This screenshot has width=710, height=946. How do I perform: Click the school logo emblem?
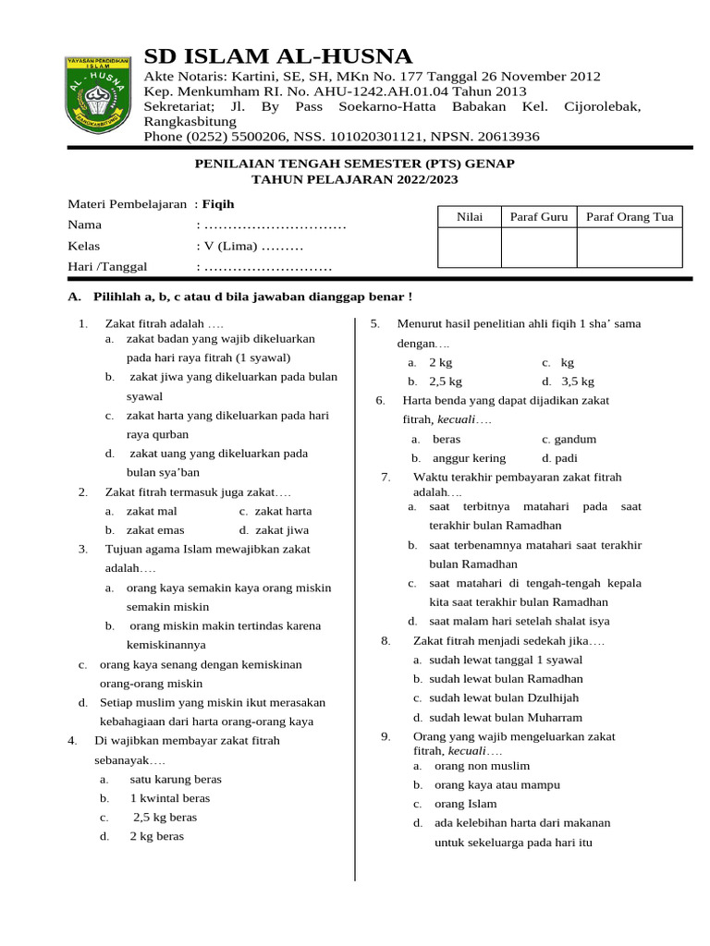click(x=96, y=95)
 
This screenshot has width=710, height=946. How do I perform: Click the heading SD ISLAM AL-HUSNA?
click(x=278, y=55)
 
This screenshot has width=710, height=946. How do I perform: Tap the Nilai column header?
click(x=470, y=217)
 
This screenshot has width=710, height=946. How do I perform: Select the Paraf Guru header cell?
click(x=539, y=217)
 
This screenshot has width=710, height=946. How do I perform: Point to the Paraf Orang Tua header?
click(x=630, y=217)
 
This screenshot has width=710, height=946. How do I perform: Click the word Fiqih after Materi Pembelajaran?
click(x=218, y=203)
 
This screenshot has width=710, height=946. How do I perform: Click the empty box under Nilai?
click(x=470, y=248)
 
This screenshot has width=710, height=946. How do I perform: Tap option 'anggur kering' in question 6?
click(x=469, y=458)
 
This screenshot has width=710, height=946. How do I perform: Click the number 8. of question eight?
click(x=386, y=640)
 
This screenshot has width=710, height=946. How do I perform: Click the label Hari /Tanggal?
click(x=107, y=267)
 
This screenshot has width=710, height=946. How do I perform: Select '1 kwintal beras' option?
click(x=169, y=797)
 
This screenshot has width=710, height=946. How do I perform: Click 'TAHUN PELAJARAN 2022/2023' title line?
click(x=355, y=179)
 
